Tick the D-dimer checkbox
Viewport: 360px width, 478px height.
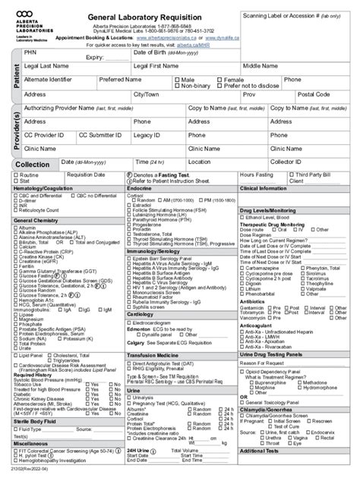17,201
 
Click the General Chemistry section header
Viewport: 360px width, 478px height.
38,220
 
